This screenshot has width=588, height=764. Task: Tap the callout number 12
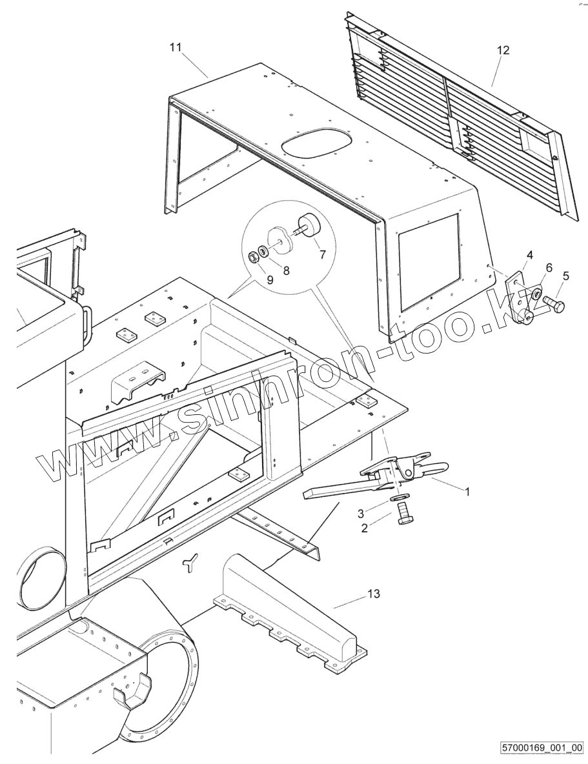click(x=503, y=50)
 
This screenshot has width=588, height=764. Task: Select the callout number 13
click(x=374, y=594)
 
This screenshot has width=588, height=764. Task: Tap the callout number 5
click(x=565, y=276)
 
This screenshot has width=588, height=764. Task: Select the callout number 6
click(x=549, y=267)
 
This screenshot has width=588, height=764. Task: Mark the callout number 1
click(x=468, y=491)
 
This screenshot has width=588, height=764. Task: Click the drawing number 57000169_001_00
click(x=542, y=749)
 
